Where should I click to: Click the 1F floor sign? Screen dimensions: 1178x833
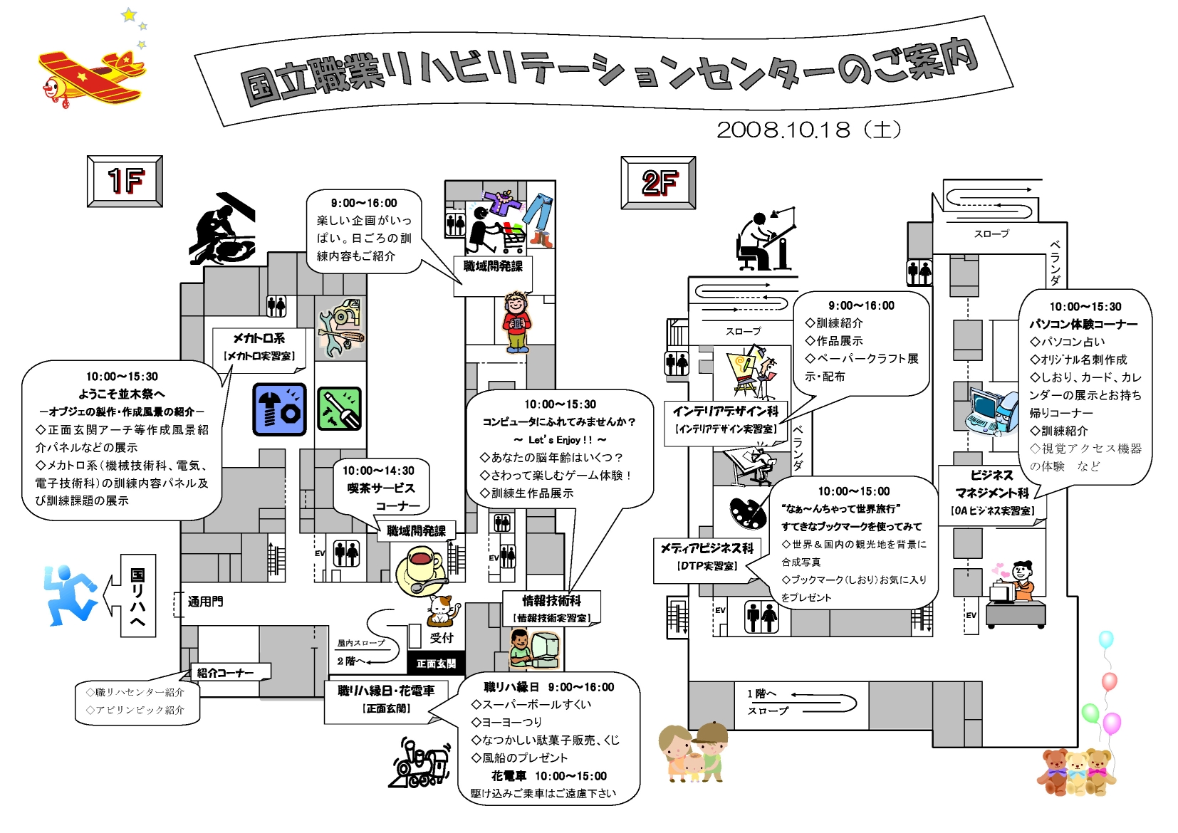(x=125, y=182)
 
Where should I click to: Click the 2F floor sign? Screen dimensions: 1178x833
(x=658, y=182)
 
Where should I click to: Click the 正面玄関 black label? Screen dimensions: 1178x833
(x=436, y=664)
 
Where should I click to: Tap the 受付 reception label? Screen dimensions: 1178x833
(x=442, y=638)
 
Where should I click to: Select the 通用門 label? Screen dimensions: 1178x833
(x=206, y=601)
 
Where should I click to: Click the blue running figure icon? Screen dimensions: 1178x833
(x=70, y=595)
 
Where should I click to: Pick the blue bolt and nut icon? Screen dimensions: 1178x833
(x=279, y=409)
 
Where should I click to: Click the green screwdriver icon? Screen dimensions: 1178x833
(x=339, y=409)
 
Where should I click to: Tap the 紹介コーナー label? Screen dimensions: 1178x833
(x=225, y=673)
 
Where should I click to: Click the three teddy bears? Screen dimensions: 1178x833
(x=1076, y=771)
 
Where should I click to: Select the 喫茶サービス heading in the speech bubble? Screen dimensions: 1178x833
(x=381, y=488)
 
